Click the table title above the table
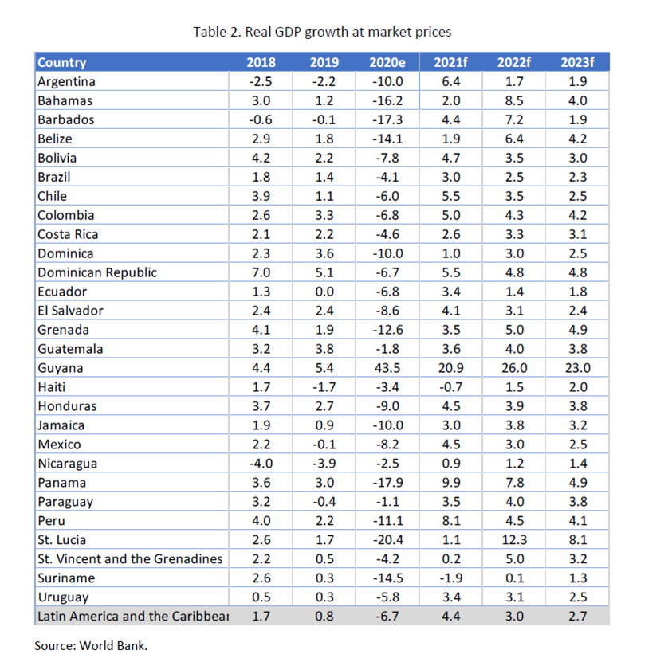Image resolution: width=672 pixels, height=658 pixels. click(322, 32)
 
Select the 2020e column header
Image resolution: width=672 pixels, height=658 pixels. click(387, 63)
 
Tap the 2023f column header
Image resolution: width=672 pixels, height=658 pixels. click(578, 63)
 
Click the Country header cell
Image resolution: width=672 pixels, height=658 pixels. click(62, 63)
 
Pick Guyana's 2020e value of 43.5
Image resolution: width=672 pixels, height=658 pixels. click(387, 368)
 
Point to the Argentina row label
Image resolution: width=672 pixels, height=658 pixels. click(67, 81)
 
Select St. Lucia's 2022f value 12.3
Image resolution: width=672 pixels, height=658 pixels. click(514, 539)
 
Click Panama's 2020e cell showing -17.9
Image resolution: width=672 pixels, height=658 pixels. click(387, 482)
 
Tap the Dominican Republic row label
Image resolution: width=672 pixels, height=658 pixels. click(97, 272)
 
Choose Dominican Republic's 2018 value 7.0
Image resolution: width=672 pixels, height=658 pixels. click(261, 272)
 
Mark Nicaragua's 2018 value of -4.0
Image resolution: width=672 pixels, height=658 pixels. click(261, 463)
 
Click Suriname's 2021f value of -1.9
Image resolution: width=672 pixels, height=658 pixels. click(450, 578)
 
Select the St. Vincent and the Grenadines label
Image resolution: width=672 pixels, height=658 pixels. click(130, 558)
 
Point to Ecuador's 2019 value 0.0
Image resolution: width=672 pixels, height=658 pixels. click(324, 292)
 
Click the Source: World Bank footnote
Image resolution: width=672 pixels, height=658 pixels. click(91, 645)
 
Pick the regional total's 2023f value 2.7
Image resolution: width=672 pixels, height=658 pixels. click(578, 616)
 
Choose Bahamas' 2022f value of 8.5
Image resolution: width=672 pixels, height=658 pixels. click(514, 100)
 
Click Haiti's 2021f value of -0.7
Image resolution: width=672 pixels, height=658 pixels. click(450, 387)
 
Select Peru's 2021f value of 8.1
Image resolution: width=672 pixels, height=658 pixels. click(450, 520)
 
